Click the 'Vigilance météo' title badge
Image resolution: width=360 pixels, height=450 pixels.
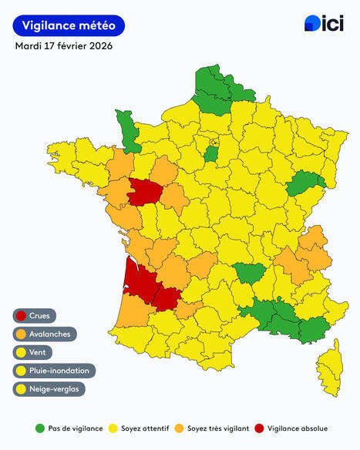69,25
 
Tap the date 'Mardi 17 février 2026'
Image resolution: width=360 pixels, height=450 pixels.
64,46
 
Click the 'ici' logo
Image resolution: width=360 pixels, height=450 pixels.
324,24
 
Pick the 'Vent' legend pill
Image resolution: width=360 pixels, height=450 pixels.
35,352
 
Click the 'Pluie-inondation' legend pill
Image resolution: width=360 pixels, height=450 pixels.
53,371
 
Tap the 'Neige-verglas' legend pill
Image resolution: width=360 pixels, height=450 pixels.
49,388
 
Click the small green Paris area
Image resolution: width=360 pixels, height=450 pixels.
210,153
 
